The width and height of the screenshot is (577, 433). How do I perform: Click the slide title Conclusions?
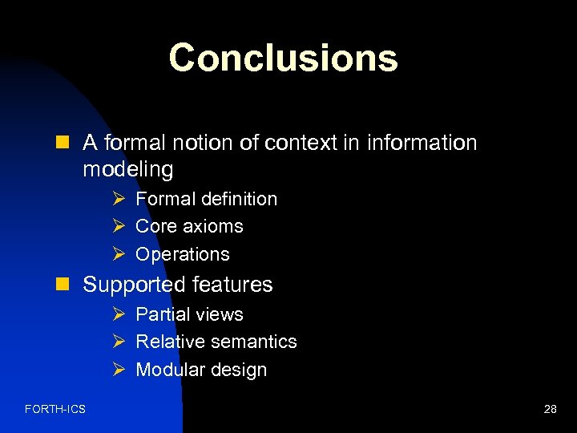(x=283, y=58)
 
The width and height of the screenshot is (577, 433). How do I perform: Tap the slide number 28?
(x=550, y=410)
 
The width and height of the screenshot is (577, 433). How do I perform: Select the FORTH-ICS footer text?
(x=55, y=410)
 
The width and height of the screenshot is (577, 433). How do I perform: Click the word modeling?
(x=127, y=170)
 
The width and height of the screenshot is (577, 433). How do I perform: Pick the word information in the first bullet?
(x=422, y=144)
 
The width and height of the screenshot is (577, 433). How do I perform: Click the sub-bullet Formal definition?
(x=206, y=199)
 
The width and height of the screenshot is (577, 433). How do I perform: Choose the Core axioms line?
(x=189, y=226)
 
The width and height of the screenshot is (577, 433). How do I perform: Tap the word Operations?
(x=183, y=254)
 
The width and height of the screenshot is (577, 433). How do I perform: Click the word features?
(x=233, y=285)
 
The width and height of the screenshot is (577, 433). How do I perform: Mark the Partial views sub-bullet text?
(x=189, y=314)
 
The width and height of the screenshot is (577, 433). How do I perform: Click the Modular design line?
(x=201, y=370)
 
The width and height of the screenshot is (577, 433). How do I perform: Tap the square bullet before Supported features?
(x=67, y=285)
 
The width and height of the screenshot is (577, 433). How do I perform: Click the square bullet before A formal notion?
(x=67, y=144)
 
